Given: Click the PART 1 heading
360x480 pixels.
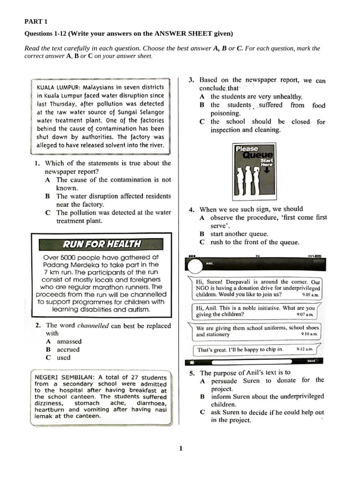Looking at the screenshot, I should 36,22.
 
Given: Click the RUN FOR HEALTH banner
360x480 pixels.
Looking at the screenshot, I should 102,244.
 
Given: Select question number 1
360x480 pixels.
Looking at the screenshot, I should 36,164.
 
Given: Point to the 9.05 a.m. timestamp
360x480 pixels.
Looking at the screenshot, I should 310,295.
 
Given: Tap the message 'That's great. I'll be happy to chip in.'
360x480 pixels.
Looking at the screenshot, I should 240,349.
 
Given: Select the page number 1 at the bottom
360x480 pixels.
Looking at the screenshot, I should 180,449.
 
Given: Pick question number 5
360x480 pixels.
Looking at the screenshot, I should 192,373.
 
